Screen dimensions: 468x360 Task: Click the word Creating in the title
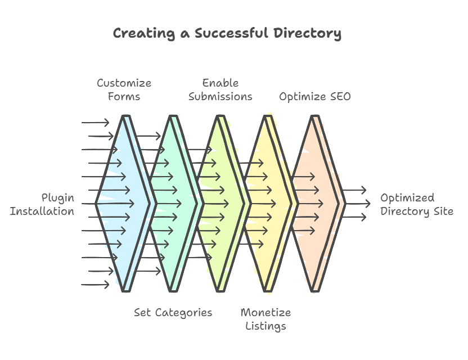click(x=144, y=33)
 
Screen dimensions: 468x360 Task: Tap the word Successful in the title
click(x=232, y=33)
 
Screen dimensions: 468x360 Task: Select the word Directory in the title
click(x=308, y=33)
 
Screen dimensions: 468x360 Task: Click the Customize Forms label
click(x=124, y=89)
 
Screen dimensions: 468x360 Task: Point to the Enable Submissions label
click(x=220, y=89)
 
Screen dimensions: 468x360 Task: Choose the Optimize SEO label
click(x=315, y=97)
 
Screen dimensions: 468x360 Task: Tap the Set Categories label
click(x=173, y=313)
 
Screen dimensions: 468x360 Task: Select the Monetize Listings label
click(x=265, y=319)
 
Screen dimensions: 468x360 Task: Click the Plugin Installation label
click(x=42, y=205)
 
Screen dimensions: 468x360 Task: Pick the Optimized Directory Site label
click(x=417, y=205)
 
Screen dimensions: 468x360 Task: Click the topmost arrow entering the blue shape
click(x=95, y=123)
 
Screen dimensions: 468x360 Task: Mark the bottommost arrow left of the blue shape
click(x=95, y=285)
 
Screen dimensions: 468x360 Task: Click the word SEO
click(x=340, y=96)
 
